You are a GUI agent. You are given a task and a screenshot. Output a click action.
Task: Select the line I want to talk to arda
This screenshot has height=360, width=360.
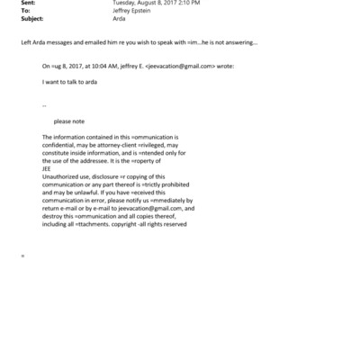(x=70, y=81)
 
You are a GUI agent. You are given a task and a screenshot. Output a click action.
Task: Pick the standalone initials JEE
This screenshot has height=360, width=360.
(x=47, y=167)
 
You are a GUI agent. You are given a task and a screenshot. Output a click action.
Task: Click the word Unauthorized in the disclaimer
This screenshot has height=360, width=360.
(x=62, y=175)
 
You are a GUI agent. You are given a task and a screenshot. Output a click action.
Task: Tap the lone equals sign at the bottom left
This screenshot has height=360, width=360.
(x=22, y=256)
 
